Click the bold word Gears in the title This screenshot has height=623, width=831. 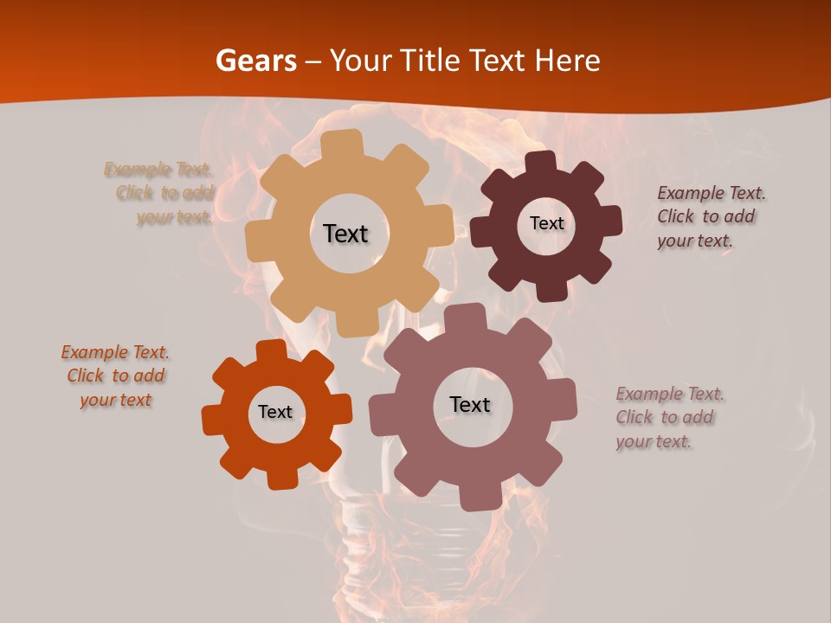coord(254,61)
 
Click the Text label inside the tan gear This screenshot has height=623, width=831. coord(345,234)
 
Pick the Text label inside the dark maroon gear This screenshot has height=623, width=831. coord(546,223)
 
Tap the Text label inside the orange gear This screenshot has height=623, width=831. coord(275,412)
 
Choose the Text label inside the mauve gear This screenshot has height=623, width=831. coord(469,404)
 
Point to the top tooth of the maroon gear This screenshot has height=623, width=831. coord(540,163)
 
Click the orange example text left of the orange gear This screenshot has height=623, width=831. coord(115,376)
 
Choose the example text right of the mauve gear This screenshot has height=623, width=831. coord(668,417)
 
